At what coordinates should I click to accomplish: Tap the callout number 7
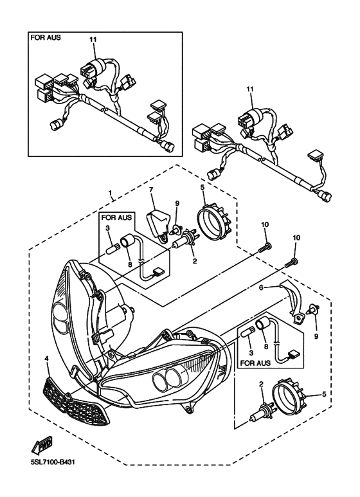click(151, 190)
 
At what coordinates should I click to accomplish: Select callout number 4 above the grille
click(46, 359)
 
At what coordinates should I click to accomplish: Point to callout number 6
click(260, 287)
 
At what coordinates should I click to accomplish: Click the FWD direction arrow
click(42, 446)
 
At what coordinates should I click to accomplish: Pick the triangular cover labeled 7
click(157, 224)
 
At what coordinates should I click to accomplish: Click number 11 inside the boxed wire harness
click(93, 39)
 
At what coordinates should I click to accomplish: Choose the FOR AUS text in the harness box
click(45, 37)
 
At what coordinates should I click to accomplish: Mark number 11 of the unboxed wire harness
click(250, 89)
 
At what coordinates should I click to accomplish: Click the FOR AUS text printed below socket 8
click(255, 363)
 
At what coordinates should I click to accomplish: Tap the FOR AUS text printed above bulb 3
click(116, 218)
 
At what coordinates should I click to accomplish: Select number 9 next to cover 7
click(177, 203)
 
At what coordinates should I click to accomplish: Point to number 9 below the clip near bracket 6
click(316, 336)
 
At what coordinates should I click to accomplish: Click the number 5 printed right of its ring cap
click(324, 395)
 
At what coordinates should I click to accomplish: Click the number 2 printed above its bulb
click(262, 384)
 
